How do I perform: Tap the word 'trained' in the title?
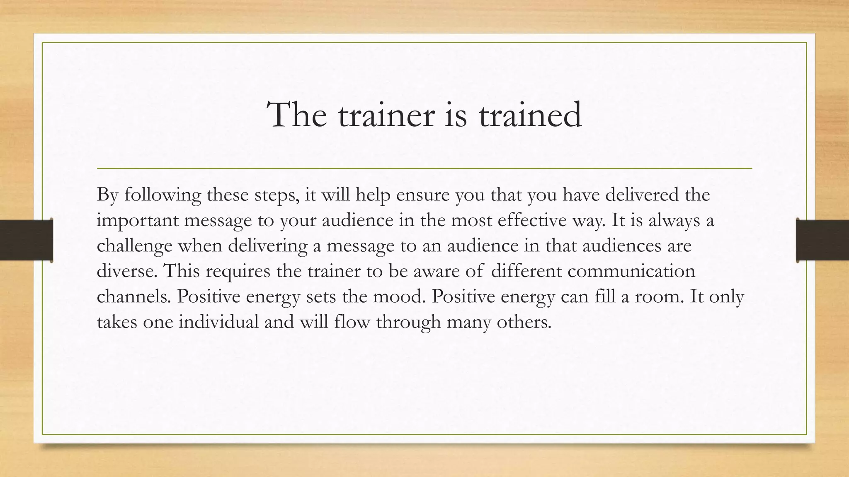(530, 115)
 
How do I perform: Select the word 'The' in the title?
(297, 115)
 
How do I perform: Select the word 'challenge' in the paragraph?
(134, 246)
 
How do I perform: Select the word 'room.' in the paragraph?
(659, 297)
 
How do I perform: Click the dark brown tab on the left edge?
(26, 240)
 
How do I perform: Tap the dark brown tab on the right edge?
(822, 240)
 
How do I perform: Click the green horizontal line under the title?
(424, 169)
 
